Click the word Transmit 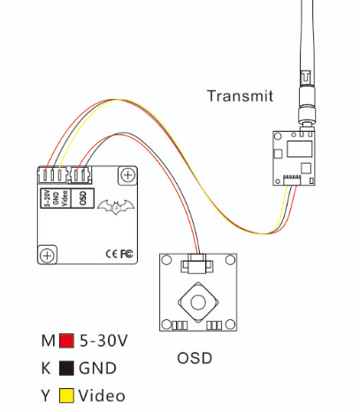(240, 96)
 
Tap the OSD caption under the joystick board (195, 358)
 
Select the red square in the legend (66, 341)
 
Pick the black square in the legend (66, 369)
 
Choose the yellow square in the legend (66, 395)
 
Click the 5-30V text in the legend (103, 341)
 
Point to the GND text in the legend (97, 369)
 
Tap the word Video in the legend (102, 395)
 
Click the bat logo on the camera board (116, 206)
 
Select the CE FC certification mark (119, 254)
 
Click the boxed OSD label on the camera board (83, 198)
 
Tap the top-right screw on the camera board (127, 175)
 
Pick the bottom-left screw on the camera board (47, 255)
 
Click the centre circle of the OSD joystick (198, 302)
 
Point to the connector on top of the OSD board (196, 263)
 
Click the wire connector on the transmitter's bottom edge (292, 179)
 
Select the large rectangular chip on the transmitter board (299, 149)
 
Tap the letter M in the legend (49, 341)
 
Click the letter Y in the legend (46, 395)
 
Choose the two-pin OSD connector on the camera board (80, 175)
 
